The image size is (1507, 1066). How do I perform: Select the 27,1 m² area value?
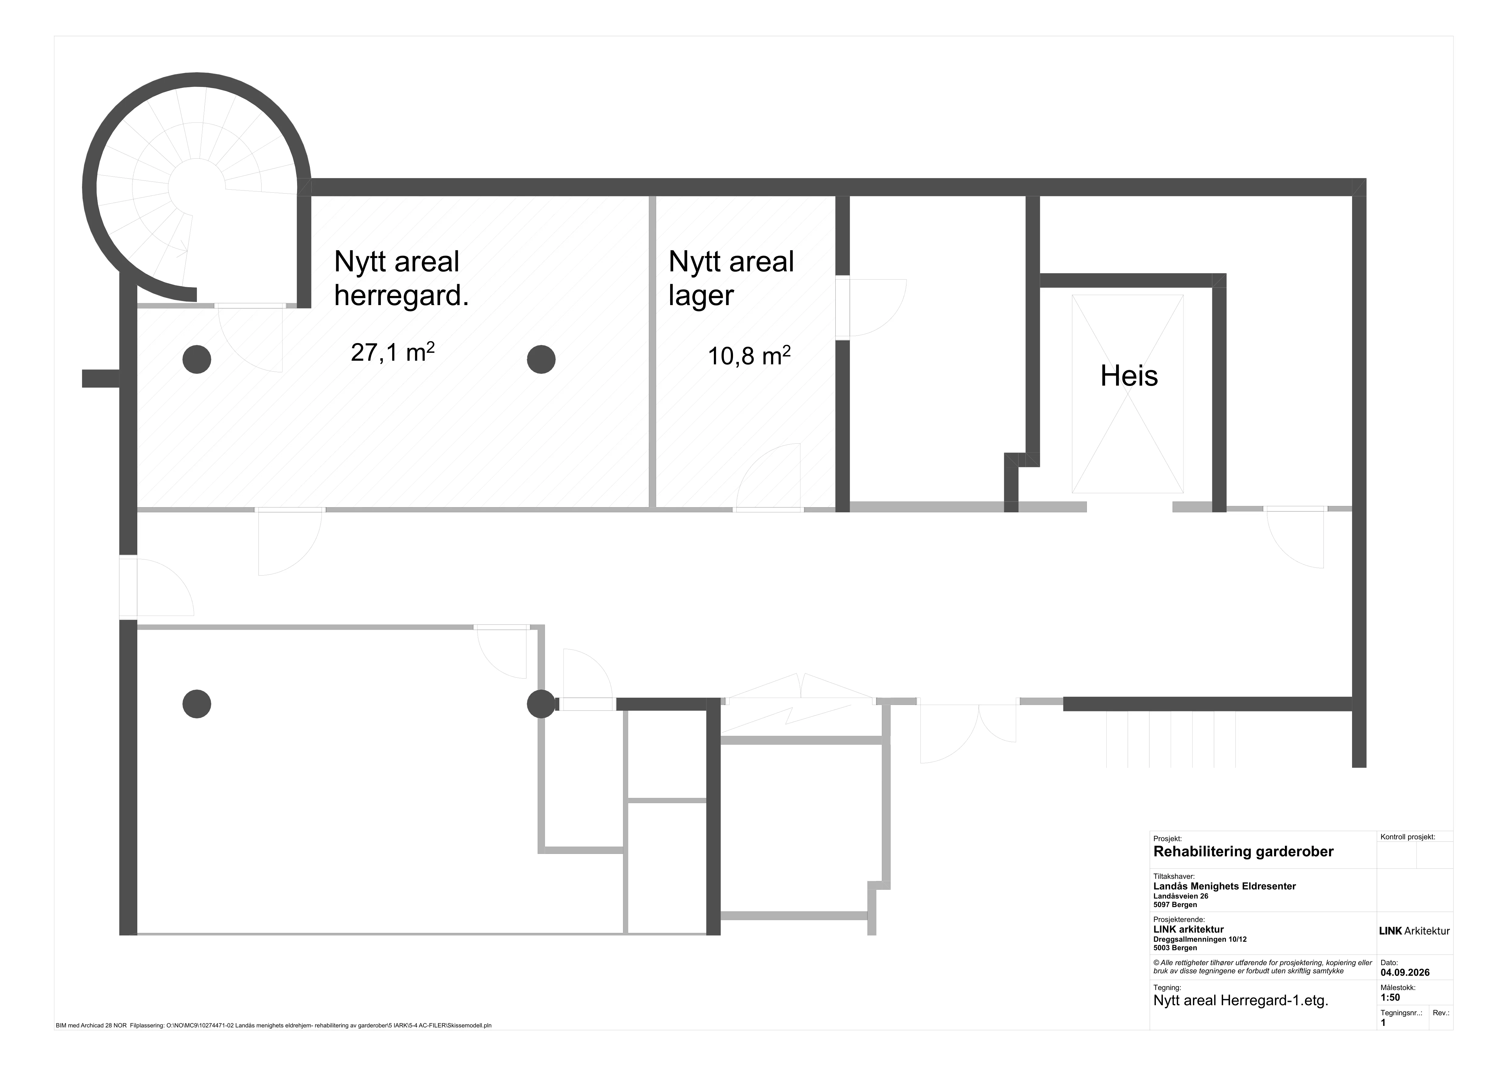tap(392, 352)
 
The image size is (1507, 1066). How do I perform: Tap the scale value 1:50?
tap(1390, 997)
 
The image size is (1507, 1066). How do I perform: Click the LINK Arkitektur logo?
tap(1414, 931)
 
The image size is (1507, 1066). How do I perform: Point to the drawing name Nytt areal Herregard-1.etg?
tap(1241, 1019)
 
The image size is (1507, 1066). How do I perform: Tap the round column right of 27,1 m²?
tap(541, 359)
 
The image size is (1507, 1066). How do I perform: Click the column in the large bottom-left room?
tap(196, 704)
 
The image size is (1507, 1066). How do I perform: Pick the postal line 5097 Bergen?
tap(1175, 905)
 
